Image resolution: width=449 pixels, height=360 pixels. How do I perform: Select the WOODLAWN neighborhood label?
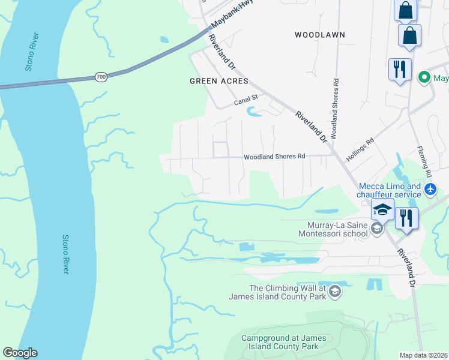click(x=319, y=35)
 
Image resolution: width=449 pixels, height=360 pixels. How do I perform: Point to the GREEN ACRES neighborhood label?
click(x=218, y=81)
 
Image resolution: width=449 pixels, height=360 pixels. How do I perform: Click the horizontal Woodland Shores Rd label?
click(x=274, y=157)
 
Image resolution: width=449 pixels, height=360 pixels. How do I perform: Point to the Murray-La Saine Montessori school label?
click(x=333, y=229)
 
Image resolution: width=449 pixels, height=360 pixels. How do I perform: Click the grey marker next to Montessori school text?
click(x=376, y=228)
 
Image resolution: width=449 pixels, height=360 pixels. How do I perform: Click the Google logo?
click(x=20, y=353)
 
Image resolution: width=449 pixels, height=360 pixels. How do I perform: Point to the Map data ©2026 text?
click(x=423, y=355)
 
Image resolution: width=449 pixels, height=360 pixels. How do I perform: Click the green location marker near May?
click(x=424, y=77)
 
